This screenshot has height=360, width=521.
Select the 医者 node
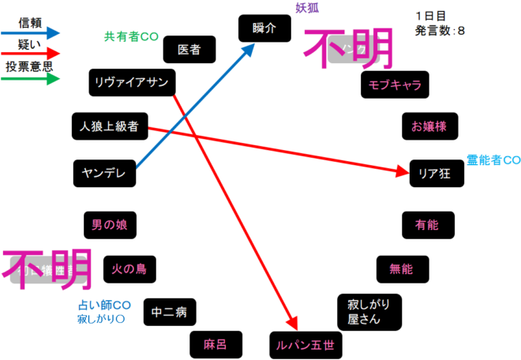pyautogui.click(x=189, y=50)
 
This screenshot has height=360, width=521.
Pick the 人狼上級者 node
pyautogui.click(x=109, y=126)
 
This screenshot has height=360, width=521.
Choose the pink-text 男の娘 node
pyautogui.click(x=109, y=225)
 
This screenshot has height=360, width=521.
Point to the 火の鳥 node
pyautogui.click(x=129, y=268)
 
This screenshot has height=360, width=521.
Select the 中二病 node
pyautogui.click(x=170, y=313)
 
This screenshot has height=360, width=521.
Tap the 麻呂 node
pyautogui.click(x=215, y=344)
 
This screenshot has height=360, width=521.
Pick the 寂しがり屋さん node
pyautogui.click(x=369, y=313)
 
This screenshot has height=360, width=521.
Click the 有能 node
pyautogui.click(x=426, y=225)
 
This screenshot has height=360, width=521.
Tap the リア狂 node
pyautogui.click(x=436, y=174)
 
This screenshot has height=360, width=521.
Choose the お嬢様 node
pyautogui.click(x=429, y=126)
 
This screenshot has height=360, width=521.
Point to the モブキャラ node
pyautogui.click(x=395, y=84)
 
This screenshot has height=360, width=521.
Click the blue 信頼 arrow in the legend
pyautogui.click(x=32, y=33)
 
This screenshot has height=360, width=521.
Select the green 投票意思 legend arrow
pyautogui.click(x=32, y=79)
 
